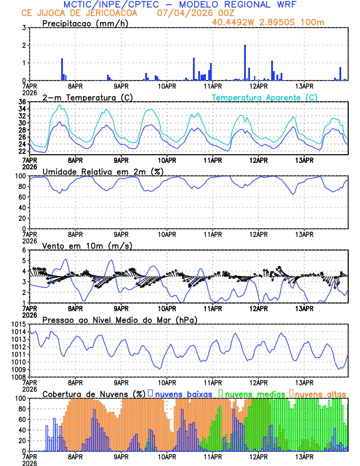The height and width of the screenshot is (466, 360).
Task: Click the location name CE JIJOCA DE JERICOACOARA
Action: [x=79, y=13]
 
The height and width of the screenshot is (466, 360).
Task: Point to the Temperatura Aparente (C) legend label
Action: [x=264, y=97]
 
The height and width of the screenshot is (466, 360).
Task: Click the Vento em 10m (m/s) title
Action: [x=87, y=245]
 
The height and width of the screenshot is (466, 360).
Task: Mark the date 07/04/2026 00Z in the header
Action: [x=187, y=13]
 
